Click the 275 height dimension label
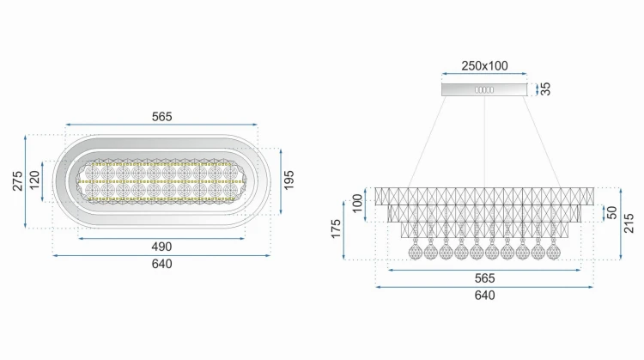point(17,180)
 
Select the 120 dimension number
point(34,180)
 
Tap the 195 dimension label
point(289,180)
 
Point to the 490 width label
point(161,247)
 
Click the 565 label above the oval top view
point(161,117)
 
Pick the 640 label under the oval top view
point(161,264)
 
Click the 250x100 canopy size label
point(484,66)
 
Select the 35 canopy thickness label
point(545,88)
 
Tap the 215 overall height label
point(629,223)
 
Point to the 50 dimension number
point(612,212)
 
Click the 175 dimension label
point(336,229)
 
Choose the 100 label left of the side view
point(358,203)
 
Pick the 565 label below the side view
point(484,278)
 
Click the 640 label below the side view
point(484,295)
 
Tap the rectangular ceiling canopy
point(484,89)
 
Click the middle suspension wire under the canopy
point(484,142)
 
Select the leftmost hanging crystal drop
point(416,249)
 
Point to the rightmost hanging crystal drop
point(553,249)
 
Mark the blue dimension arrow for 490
point(161,238)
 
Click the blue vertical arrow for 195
point(281,181)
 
